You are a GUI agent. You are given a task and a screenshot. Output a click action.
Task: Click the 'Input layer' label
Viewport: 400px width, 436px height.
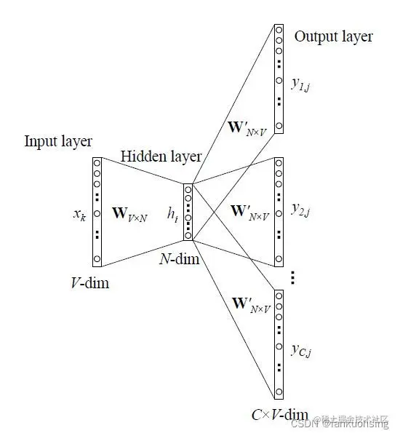click(58, 140)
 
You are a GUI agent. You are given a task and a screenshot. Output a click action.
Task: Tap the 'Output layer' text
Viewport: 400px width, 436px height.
click(333, 36)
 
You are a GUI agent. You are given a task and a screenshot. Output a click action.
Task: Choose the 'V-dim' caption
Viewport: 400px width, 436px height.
click(91, 282)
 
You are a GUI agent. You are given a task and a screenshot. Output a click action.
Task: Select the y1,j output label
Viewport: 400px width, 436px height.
click(301, 87)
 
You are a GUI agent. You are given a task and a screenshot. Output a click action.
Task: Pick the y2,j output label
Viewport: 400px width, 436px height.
click(301, 210)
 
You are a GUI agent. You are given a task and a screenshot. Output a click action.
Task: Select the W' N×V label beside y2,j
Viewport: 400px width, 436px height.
click(250, 212)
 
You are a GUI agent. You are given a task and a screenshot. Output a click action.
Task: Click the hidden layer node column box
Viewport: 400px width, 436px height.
click(188, 212)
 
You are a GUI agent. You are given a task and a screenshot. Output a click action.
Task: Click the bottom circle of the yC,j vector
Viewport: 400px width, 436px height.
click(278, 392)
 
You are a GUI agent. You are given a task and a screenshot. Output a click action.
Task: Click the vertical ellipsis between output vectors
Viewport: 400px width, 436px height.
click(292, 277)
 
